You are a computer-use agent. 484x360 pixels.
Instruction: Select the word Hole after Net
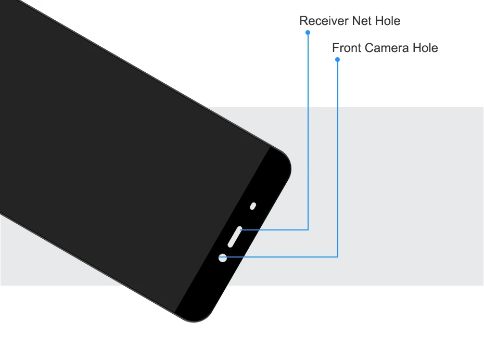388,21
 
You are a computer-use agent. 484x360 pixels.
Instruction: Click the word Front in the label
347,48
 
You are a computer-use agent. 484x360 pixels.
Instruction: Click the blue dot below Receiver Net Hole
308,32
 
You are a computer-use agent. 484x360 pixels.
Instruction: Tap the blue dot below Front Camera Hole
338,60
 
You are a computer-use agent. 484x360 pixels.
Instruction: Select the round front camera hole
223,258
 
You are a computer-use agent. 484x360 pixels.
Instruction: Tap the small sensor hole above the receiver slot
253,206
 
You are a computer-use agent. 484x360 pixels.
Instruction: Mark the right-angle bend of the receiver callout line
308,229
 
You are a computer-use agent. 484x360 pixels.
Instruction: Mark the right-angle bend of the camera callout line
338,256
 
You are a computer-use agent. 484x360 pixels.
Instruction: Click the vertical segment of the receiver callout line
308,130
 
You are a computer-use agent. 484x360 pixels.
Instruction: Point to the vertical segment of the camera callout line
338,156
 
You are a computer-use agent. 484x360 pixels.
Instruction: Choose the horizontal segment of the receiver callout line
276,229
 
